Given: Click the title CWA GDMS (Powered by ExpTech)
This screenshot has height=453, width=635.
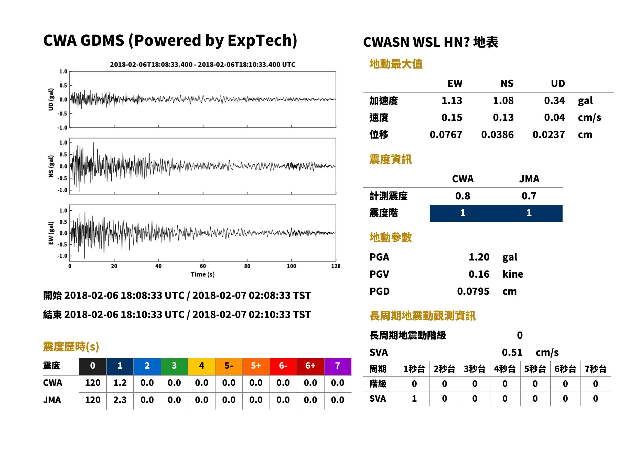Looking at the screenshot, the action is tap(170, 40).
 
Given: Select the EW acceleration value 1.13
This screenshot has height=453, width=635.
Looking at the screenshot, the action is tap(451, 100).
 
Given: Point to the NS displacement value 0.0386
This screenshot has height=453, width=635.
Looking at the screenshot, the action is tap(497, 135).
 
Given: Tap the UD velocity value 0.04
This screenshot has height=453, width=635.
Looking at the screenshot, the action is tap(554, 117).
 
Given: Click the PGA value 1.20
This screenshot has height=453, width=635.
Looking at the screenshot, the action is tap(479, 257).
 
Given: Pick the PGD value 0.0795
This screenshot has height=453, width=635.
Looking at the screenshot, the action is tap(473, 291).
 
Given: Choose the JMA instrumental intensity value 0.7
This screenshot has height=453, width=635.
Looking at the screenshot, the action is tap(529, 196).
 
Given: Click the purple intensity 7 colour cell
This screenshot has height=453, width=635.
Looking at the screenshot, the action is tap(338, 366).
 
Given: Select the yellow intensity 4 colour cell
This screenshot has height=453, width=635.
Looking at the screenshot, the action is tap(202, 366).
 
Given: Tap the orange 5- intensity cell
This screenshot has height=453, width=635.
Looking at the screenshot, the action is tap(229, 366).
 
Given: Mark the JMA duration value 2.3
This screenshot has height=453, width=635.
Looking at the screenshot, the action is tap(120, 400).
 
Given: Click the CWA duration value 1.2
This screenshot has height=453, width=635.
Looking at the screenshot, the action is tap(120, 383).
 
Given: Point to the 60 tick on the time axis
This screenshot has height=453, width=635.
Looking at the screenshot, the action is tap(203, 266).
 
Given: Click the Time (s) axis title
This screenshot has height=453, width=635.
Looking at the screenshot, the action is tap(203, 275).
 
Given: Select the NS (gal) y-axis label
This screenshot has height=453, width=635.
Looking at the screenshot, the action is tap(51, 166).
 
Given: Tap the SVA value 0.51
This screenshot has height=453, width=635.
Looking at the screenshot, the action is tap(512, 352).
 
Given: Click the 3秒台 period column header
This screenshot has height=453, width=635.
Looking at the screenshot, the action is tap(475, 369).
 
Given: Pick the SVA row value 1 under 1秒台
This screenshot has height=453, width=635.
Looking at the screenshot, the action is tap(414, 399).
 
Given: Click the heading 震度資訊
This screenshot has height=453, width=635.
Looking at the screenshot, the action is tap(390, 159).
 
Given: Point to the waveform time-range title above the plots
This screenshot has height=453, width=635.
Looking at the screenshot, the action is tap(203, 64).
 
